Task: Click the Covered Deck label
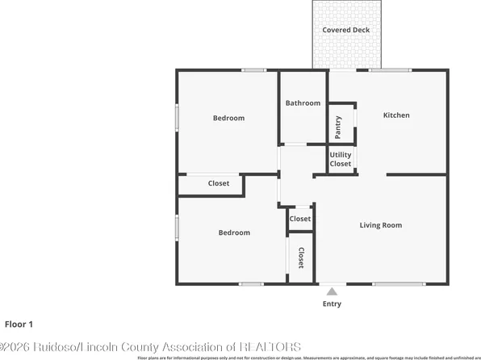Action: (x=345, y=30)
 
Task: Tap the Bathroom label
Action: (x=303, y=103)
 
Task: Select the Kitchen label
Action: (x=395, y=115)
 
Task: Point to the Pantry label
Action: (x=338, y=127)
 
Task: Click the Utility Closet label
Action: (x=341, y=159)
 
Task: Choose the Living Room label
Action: (x=380, y=225)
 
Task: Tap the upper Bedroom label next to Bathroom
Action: (x=228, y=119)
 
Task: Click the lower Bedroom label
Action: (x=234, y=232)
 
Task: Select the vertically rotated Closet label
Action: (x=301, y=257)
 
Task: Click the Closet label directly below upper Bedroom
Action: (x=219, y=183)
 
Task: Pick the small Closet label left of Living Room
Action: (x=300, y=219)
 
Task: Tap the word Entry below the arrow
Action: (x=332, y=304)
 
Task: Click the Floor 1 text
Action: (x=19, y=324)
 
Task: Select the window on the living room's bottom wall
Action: (x=399, y=283)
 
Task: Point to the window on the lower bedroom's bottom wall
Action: (x=251, y=283)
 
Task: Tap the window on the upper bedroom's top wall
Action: (x=255, y=70)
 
